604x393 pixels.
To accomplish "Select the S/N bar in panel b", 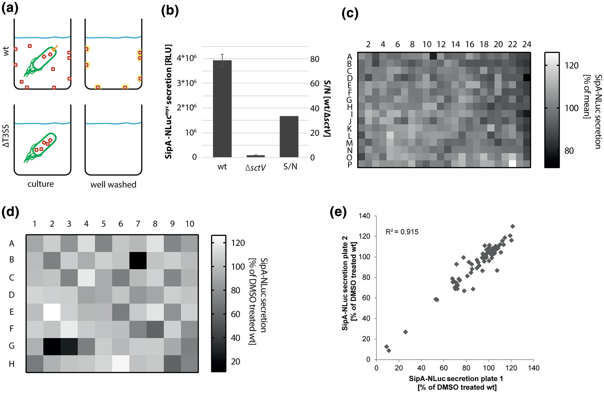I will coord(289,137).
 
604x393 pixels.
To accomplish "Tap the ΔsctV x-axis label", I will coord(255,168).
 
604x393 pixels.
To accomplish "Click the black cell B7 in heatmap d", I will coord(138,260).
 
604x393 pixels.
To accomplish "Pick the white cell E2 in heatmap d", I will coord(52,312).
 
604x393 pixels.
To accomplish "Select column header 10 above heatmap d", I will coord(190,224).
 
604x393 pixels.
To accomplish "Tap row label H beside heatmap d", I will coord(12,364).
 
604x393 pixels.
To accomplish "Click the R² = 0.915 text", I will coord(402,232).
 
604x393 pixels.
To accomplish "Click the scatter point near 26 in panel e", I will coord(406,332).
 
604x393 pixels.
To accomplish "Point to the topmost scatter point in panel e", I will coord(513,226).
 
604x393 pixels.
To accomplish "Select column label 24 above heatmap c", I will coord(527,45).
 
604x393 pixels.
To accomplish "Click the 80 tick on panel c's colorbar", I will coord(569,151).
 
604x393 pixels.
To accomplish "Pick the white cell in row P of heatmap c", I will coord(512,164).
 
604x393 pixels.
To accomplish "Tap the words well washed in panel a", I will coord(113,185).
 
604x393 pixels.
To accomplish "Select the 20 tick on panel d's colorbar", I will coord(235,361).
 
